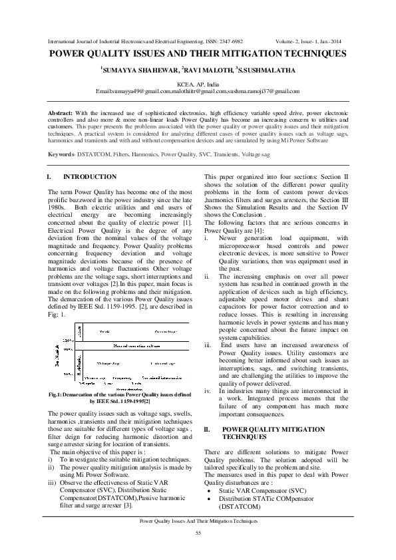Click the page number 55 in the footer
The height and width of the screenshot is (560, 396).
pyautogui.click(x=198, y=533)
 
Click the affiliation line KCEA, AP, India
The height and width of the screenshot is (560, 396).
pyautogui.click(x=198, y=84)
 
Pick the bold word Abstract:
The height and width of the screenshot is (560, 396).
pyautogui.click(x=61, y=112)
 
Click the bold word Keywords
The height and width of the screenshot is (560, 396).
pyautogui.click(x=62, y=154)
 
